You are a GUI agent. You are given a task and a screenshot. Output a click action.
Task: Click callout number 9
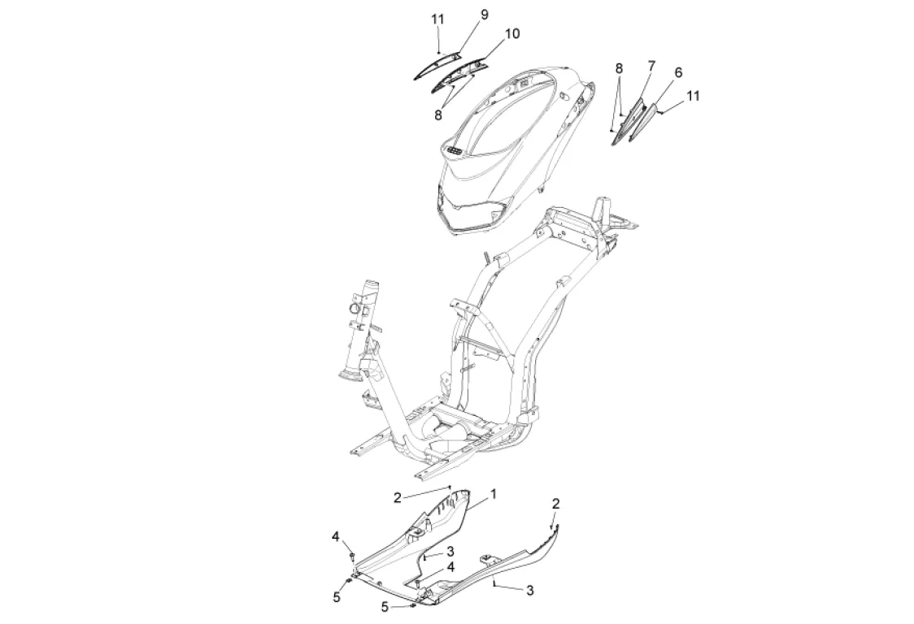point(485,15)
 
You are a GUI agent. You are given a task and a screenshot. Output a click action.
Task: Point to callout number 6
point(677,72)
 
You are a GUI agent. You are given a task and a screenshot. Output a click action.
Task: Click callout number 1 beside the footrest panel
point(493,493)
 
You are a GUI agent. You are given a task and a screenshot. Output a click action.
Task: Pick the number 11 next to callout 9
point(438,19)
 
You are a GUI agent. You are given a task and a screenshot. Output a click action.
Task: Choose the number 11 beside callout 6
point(692,96)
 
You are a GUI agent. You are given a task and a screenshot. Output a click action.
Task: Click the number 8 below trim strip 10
point(437,115)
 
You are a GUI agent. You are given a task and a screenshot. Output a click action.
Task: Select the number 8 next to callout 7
point(619,67)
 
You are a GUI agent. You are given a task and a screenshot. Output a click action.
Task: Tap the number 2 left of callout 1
point(398,497)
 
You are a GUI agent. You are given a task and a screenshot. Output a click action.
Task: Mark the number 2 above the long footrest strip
point(555,504)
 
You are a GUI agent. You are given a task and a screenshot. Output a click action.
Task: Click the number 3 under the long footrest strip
point(530,591)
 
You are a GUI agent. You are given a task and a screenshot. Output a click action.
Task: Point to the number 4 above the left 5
point(335,536)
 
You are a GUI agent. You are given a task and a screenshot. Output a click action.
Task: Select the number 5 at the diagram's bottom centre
point(385,606)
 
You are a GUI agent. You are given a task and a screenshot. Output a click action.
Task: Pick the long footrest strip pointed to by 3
point(520,561)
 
